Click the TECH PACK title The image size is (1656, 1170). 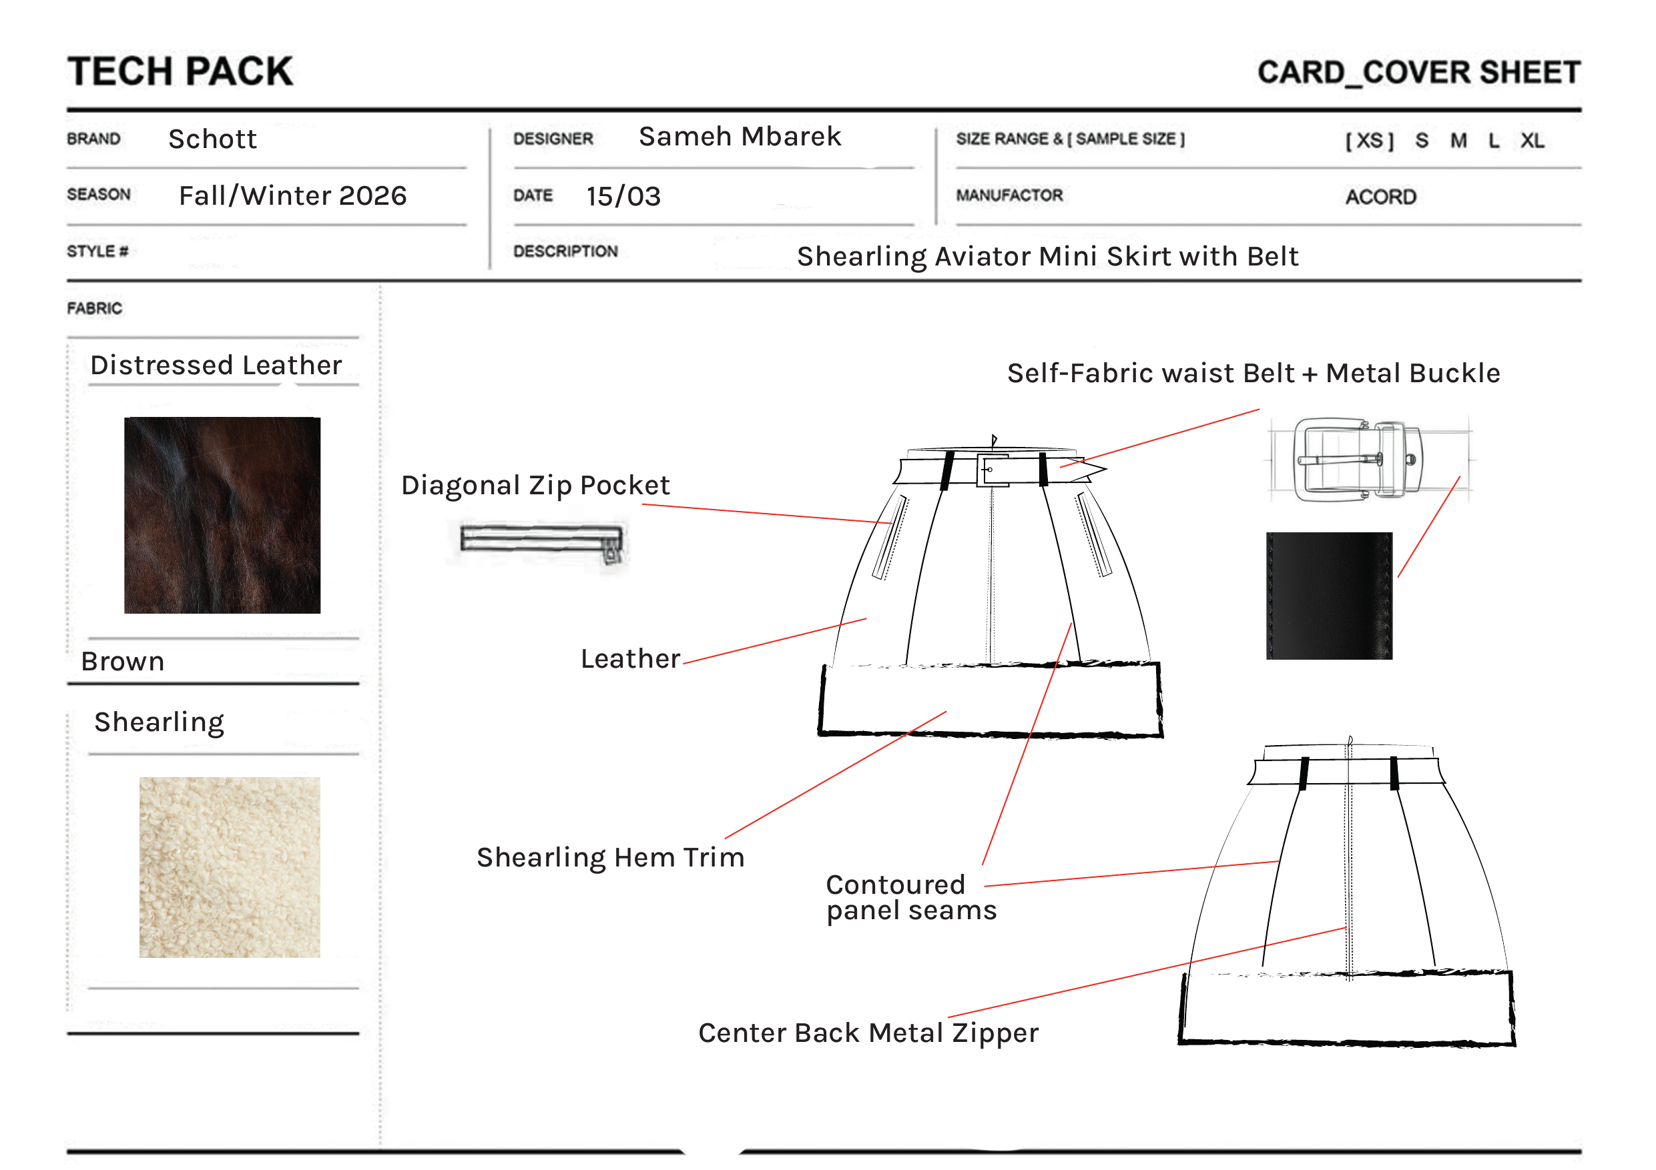(180, 71)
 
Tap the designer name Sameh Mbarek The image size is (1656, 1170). (740, 136)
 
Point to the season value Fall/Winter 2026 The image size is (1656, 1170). (293, 195)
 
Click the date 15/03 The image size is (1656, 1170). (623, 196)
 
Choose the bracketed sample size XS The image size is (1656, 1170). (1370, 141)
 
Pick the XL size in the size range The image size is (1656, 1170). (1532, 141)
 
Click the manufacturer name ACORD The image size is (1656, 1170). (1380, 197)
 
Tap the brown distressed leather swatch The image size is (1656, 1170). (222, 515)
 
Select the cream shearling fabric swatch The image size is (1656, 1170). (230, 867)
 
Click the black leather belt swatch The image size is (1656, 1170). (1329, 596)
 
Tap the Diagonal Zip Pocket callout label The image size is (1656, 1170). (535, 485)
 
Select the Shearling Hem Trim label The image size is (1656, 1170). (610, 857)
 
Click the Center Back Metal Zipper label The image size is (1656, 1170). (868, 1033)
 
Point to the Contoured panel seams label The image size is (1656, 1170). (912, 897)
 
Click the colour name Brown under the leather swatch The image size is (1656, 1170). (123, 661)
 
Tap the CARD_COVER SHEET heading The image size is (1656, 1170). (1418, 73)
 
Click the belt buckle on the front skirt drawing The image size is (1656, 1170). (993, 470)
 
